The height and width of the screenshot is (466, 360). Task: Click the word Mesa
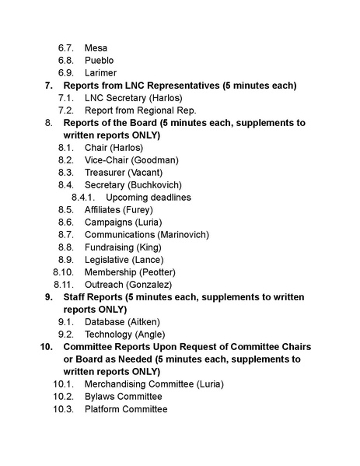coord(96,48)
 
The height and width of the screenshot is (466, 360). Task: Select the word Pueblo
coord(100,61)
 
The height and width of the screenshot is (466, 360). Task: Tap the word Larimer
coord(101,73)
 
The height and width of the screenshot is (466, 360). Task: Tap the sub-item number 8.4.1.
coord(82,198)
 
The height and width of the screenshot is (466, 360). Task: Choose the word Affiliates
coord(106,210)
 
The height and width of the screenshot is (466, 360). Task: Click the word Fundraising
coord(111,247)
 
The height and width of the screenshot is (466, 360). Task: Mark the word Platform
coord(105,409)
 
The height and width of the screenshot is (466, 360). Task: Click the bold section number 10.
coord(45,347)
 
